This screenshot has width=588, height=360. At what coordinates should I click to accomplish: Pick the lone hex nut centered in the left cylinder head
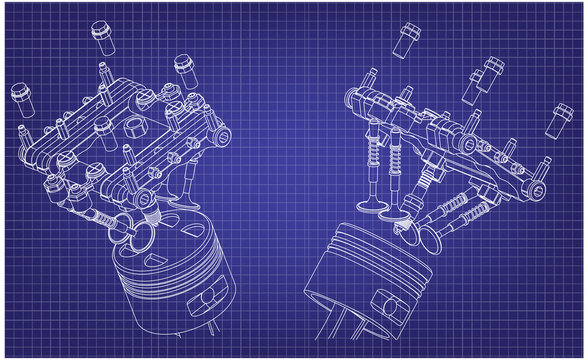point(103,127)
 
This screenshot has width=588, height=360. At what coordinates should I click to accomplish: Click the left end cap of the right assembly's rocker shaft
point(350,97)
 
